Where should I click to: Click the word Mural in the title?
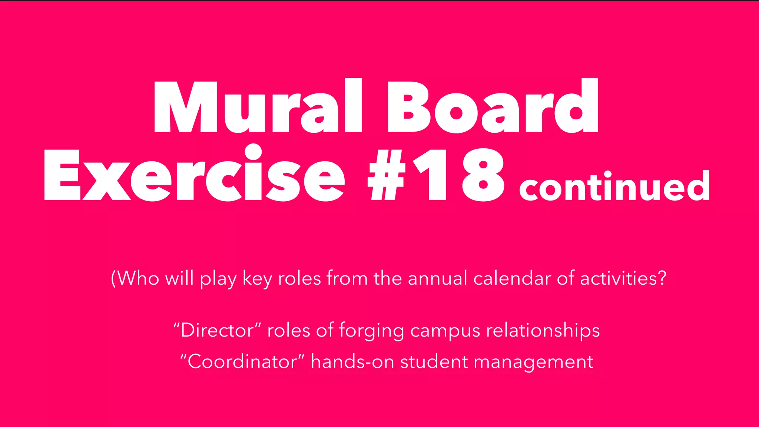click(x=258, y=106)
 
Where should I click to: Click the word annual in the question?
click(x=437, y=278)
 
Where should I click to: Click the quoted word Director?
click(x=217, y=330)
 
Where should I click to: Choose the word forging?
click(x=371, y=331)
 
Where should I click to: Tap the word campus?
click(x=445, y=331)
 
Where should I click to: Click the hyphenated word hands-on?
click(x=352, y=361)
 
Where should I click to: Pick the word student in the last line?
click(x=434, y=361)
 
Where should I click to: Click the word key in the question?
click(x=257, y=279)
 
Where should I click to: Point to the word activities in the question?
click(x=619, y=278)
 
